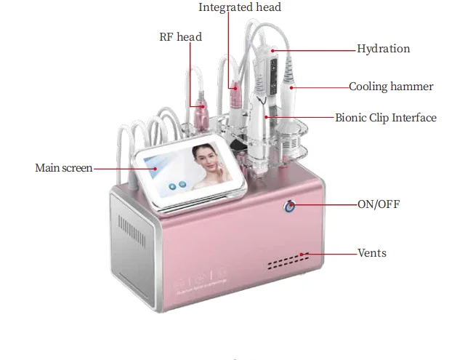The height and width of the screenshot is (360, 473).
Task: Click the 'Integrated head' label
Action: pos(240,7)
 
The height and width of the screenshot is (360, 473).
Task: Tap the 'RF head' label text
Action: pos(180,37)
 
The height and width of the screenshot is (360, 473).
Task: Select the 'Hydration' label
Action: pos(384,49)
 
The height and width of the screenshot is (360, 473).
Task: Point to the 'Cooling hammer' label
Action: pos(391,87)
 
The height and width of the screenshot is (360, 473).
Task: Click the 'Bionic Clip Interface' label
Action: pos(386,118)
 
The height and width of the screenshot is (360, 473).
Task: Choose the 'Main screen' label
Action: pos(64,168)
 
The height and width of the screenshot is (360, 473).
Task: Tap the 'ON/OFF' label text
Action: pos(379,204)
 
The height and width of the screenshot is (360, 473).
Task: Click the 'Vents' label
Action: pos(372,253)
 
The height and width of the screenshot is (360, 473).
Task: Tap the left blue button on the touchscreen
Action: pos(172,187)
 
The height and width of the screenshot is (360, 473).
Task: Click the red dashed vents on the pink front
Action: pos(288,261)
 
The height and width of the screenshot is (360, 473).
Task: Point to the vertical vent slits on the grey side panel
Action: pos(132,231)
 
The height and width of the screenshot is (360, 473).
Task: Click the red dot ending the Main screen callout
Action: pos(155,169)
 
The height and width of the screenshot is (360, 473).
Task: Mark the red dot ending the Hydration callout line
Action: pos(272,51)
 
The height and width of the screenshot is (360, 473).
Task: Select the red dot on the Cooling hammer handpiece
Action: pos(291,88)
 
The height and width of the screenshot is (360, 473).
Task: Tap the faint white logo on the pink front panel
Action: pos(201,281)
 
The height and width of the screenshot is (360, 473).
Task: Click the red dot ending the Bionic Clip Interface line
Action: pos(267,117)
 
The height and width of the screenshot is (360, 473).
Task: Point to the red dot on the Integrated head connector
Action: pos(235,88)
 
